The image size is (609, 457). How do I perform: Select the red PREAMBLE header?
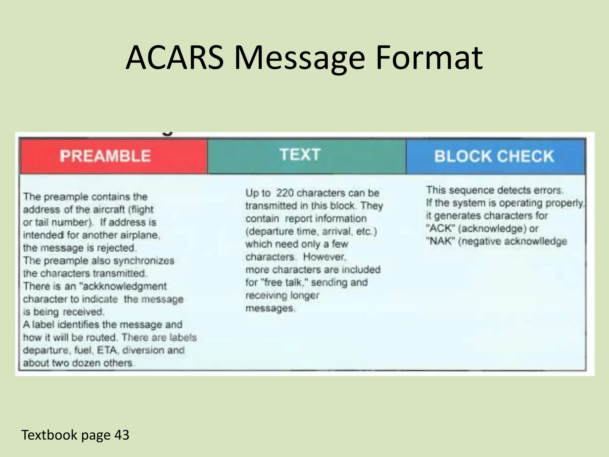coord(105,156)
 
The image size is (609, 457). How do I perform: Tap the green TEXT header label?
coord(300,155)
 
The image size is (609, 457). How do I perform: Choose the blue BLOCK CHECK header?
coord(494,156)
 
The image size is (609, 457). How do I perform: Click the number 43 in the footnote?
coord(122,435)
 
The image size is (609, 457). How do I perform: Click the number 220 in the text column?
coord(285,193)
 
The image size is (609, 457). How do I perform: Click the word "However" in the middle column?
coord(324,256)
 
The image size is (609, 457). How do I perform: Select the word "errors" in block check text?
coord(550,190)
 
